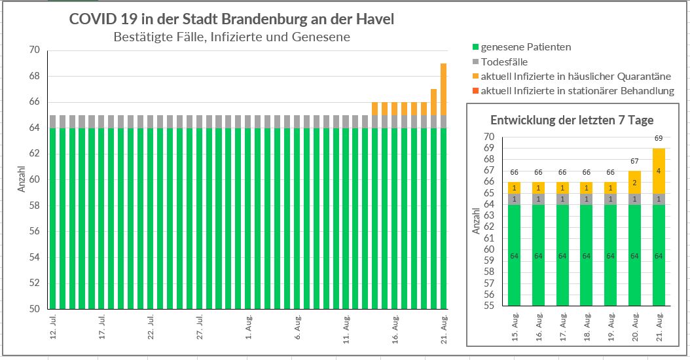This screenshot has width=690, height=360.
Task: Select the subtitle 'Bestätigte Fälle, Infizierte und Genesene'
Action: (x=232, y=37)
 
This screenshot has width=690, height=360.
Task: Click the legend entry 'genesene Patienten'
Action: (x=526, y=47)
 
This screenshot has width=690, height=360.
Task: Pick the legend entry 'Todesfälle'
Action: (x=504, y=62)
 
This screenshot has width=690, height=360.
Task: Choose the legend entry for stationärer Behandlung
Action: (x=577, y=91)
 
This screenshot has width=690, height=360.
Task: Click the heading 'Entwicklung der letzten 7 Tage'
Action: (x=572, y=120)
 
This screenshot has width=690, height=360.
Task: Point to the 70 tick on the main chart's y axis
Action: (x=35, y=50)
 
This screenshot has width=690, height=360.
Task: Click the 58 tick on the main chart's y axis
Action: (x=35, y=206)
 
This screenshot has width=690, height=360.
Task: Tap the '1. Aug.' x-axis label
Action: (x=249, y=327)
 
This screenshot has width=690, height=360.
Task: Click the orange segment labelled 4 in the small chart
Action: (x=659, y=171)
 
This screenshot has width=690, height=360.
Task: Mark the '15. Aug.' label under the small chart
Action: (x=515, y=325)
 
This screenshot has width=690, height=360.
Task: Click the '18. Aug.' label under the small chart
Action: (x=587, y=325)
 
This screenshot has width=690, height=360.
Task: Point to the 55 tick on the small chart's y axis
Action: (x=490, y=306)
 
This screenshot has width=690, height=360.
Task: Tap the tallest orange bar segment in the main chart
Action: (x=443, y=89)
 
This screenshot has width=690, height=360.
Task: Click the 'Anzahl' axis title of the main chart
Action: (x=21, y=179)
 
